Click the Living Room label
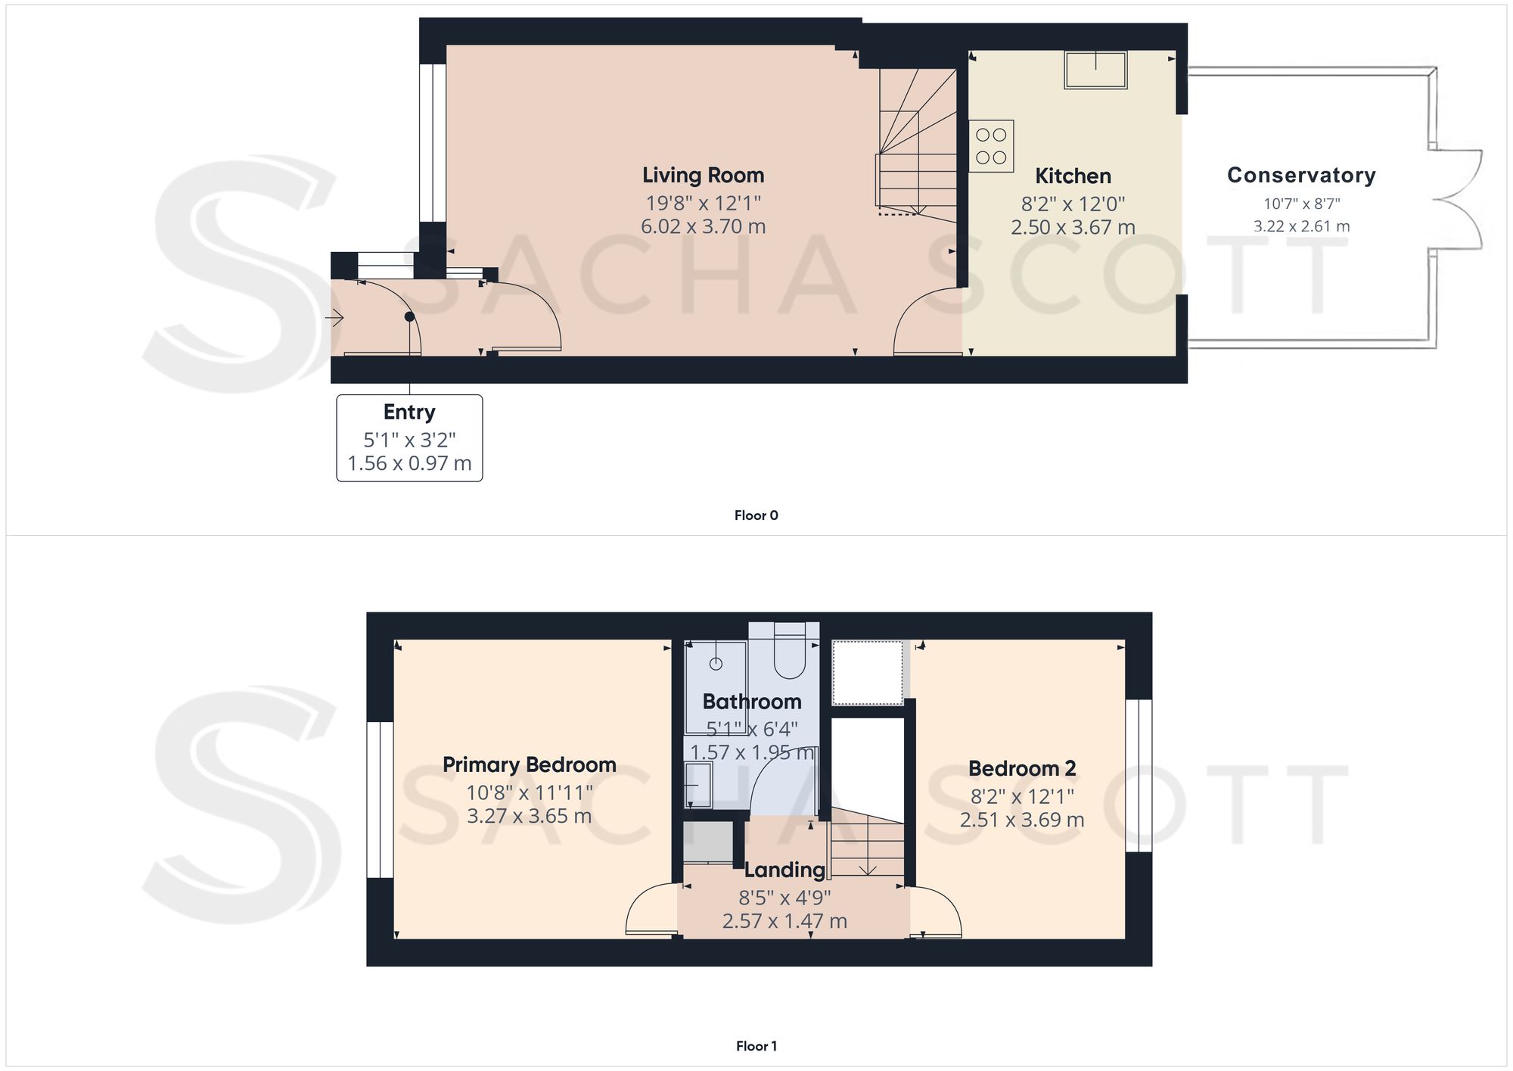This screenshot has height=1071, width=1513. tap(704, 176)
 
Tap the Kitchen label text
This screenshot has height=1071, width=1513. tap(1073, 176)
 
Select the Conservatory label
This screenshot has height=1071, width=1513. tap(1301, 175)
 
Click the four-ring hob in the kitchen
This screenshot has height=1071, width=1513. tap(991, 146)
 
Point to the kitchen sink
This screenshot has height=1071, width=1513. tap(1095, 70)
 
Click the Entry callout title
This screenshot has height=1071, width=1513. tap(409, 412)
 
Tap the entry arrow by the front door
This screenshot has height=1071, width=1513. tap(334, 318)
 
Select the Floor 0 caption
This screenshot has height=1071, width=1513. tap(756, 515)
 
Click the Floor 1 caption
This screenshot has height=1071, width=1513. tap(756, 1046)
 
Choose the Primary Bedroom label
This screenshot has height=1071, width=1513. tap(530, 765)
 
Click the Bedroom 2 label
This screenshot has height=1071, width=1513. tap(1022, 769)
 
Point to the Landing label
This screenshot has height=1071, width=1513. tap(784, 870)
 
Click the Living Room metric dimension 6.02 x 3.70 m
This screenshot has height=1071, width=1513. tap(704, 226)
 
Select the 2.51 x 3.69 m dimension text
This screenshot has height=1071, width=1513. tap(1022, 820)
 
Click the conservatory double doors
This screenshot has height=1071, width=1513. tap(1456, 199)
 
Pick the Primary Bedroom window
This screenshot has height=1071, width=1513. tap(380, 800)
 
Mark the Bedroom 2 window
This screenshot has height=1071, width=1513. tap(1139, 776)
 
